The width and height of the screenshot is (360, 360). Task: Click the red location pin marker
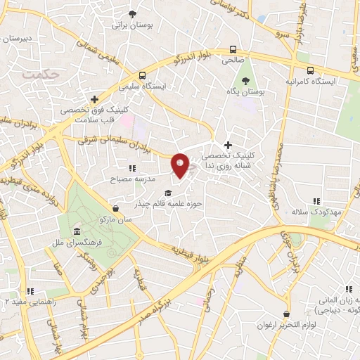pos(181,165)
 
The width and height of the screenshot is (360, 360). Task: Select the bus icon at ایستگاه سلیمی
pos(143,75)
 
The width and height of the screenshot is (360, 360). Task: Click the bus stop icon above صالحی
pos(233,50)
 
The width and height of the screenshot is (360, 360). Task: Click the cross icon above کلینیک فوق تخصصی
pos(94,99)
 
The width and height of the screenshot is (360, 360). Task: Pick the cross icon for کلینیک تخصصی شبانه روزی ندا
pos(228,144)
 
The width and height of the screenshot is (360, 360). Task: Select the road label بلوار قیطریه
pos(195,254)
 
